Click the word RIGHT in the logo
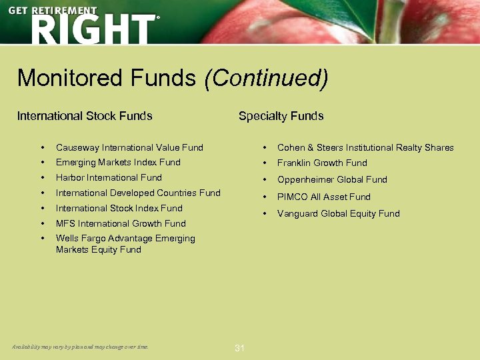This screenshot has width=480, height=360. pos(91,30)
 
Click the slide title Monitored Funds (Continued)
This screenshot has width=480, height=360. pos(173,78)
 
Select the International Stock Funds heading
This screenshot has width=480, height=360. pos(85,116)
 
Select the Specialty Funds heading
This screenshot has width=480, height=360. pos(281,116)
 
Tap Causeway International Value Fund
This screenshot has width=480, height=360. pos(129,147)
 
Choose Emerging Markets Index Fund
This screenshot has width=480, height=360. pos(118,162)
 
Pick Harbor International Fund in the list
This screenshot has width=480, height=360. pos(109,177)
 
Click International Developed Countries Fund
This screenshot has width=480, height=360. pos(138,193)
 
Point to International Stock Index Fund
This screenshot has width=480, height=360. pos(119,208)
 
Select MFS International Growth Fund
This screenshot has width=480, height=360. pos(121,223)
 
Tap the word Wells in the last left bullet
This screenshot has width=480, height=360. pos(67,238)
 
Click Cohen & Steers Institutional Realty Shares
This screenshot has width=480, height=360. pos(365,147)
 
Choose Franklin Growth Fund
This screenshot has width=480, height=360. pos(322,163)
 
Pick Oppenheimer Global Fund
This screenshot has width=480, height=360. pos(332,179)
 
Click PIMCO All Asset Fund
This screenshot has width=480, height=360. pos(323,197)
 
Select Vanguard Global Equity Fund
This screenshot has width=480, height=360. pos(338,213)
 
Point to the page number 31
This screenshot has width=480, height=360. pos(240,348)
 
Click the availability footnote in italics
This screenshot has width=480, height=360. pos(80,347)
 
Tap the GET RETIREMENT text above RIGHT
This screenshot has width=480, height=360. pos(53,11)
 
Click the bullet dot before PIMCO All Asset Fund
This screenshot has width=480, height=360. pos(265,197)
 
